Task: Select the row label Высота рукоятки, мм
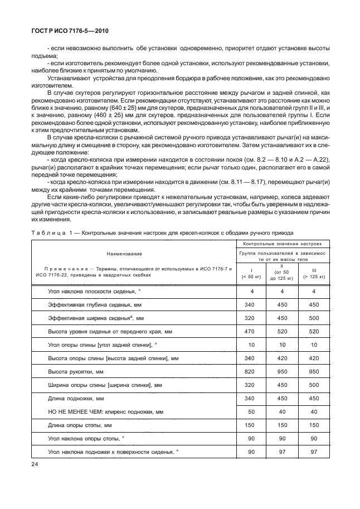76,371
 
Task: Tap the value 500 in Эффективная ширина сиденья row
314,318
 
